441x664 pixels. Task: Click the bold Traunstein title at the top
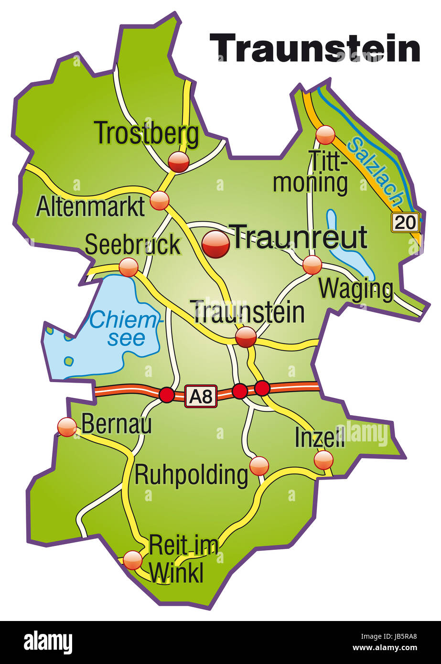pos(315,48)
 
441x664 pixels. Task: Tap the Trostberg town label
pos(147,134)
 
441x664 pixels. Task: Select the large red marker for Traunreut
pos(215,244)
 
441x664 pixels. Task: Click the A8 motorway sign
pos(201,396)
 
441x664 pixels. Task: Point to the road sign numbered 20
pos(406,222)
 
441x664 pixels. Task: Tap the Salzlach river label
pos(376,170)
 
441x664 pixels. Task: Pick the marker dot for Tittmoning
pos(325,135)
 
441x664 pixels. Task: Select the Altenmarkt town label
pos(90,207)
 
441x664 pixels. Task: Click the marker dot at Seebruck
pos(128,267)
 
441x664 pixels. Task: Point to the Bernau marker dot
pos(67,427)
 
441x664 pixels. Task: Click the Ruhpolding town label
pos(191,475)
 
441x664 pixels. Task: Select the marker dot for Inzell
pos(323,460)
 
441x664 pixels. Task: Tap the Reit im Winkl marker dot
pos(132,559)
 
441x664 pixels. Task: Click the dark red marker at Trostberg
pos(179,162)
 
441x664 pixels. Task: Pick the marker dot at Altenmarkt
pos(160,201)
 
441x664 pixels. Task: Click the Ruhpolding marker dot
pos(259,466)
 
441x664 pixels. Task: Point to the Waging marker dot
pos(312,265)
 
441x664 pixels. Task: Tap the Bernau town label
pos(117,423)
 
